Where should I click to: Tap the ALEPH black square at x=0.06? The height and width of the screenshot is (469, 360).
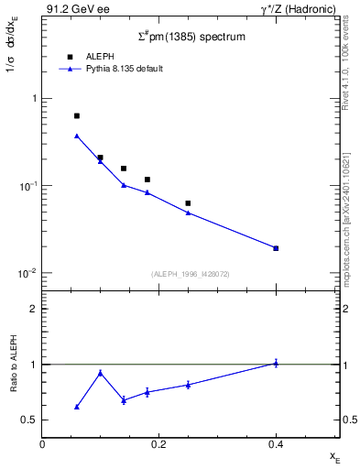point(77,116)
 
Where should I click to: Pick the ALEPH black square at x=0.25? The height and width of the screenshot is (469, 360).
point(188,203)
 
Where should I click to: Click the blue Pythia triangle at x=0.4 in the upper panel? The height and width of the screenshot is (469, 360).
point(276,248)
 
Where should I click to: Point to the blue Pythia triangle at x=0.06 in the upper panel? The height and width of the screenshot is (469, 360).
point(77,136)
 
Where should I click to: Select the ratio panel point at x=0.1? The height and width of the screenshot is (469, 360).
point(101,373)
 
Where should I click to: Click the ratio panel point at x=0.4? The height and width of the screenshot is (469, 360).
point(276,363)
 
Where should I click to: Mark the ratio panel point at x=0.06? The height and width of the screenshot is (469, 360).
point(77,407)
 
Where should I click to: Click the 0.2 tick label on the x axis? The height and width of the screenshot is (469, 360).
point(158,443)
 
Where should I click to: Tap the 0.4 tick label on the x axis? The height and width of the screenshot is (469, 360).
point(276,443)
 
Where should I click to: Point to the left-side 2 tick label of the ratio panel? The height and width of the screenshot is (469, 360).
point(33,309)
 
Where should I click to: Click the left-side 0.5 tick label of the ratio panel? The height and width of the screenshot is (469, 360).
point(29,420)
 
